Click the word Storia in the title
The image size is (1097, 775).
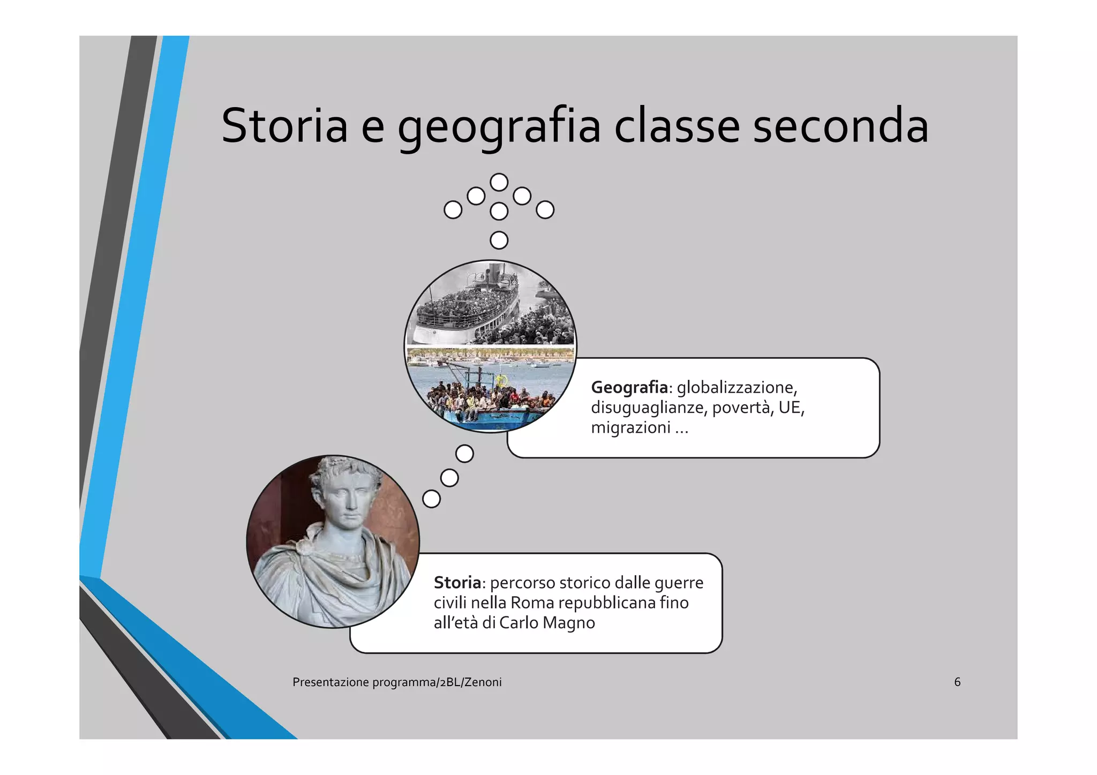(x=284, y=126)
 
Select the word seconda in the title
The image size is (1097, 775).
(x=840, y=126)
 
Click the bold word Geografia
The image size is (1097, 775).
(x=629, y=387)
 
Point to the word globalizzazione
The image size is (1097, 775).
(x=737, y=387)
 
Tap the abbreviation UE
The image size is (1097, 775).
(x=791, y=408)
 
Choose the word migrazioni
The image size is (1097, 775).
(x=630, y=428)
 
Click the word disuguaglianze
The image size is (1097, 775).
(x=648, y=408)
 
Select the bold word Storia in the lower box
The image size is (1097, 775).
(x=457, y=583)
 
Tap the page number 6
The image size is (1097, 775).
(x=957, y=682)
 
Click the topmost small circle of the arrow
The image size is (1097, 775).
(x=499, y=183)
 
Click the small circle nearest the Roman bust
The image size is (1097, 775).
(x=431, y=499)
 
